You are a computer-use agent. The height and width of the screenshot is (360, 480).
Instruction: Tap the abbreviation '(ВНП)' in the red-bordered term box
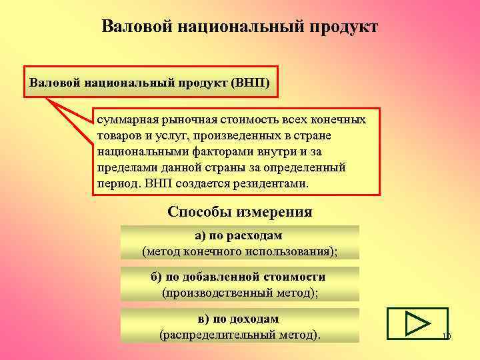(251, 85)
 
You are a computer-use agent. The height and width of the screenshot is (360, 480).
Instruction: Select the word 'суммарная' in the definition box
(123, 120)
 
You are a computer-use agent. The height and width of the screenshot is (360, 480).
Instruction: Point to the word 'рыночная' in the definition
(179, 120)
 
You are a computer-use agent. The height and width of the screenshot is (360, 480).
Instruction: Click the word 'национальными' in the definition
(137, 151)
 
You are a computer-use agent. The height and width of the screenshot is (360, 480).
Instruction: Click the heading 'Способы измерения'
(240, 212)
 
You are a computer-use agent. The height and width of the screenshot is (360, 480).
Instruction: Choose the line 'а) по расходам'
(239, 235)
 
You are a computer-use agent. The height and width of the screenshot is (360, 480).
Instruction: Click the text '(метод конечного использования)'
(239, 251)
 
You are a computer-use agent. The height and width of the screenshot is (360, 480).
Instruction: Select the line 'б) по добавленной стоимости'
(239, 277)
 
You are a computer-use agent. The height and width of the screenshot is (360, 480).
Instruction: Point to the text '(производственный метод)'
(239, 292)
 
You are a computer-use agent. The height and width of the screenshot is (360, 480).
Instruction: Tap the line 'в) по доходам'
(239, 319)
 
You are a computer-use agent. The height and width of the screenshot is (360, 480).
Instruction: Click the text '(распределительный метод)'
(239, 334)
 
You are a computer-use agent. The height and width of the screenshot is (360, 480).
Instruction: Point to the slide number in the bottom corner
(446, 337)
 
